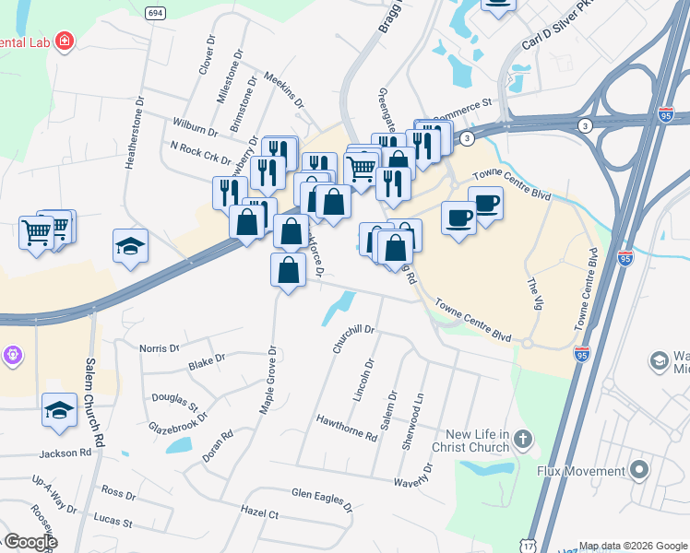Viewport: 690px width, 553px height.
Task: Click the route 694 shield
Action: [155, 12]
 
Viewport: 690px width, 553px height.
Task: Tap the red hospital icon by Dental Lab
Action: [64, 41]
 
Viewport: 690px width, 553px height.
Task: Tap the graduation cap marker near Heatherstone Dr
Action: [130, 246]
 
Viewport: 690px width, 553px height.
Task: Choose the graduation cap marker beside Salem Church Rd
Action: [59, 410]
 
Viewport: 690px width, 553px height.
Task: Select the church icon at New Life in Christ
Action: [523, 441]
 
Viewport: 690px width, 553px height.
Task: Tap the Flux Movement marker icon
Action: [638, 471]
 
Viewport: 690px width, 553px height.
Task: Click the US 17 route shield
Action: [529, 547]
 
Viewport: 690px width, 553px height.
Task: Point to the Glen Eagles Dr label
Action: [321, 500]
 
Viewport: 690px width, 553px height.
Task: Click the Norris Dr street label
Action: [159, 348]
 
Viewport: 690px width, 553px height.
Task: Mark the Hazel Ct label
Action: [258, 512]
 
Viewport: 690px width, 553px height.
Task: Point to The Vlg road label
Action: [532, 295]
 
